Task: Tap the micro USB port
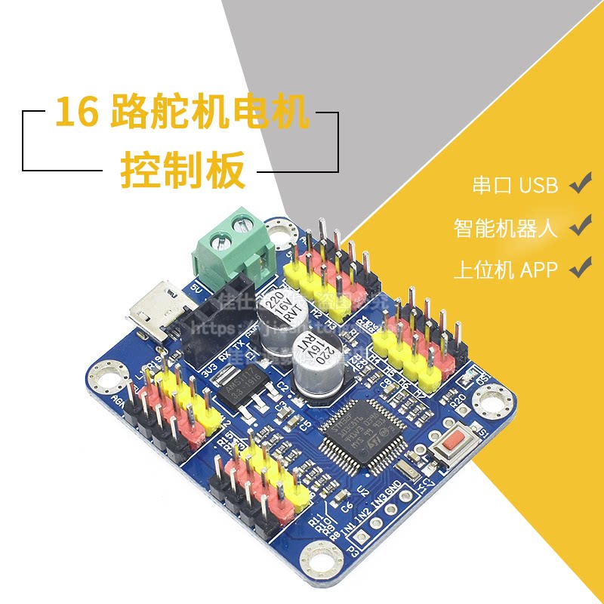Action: tap(149, 310)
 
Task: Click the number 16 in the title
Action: tap(76, 115)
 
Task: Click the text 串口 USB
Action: tap(514, 186)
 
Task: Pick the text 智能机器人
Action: tap(505, 227)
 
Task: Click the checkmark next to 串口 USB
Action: tap(580, 183)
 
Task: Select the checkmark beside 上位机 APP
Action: tap(580, 267)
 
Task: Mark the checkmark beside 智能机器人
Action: tap(580, 225)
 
